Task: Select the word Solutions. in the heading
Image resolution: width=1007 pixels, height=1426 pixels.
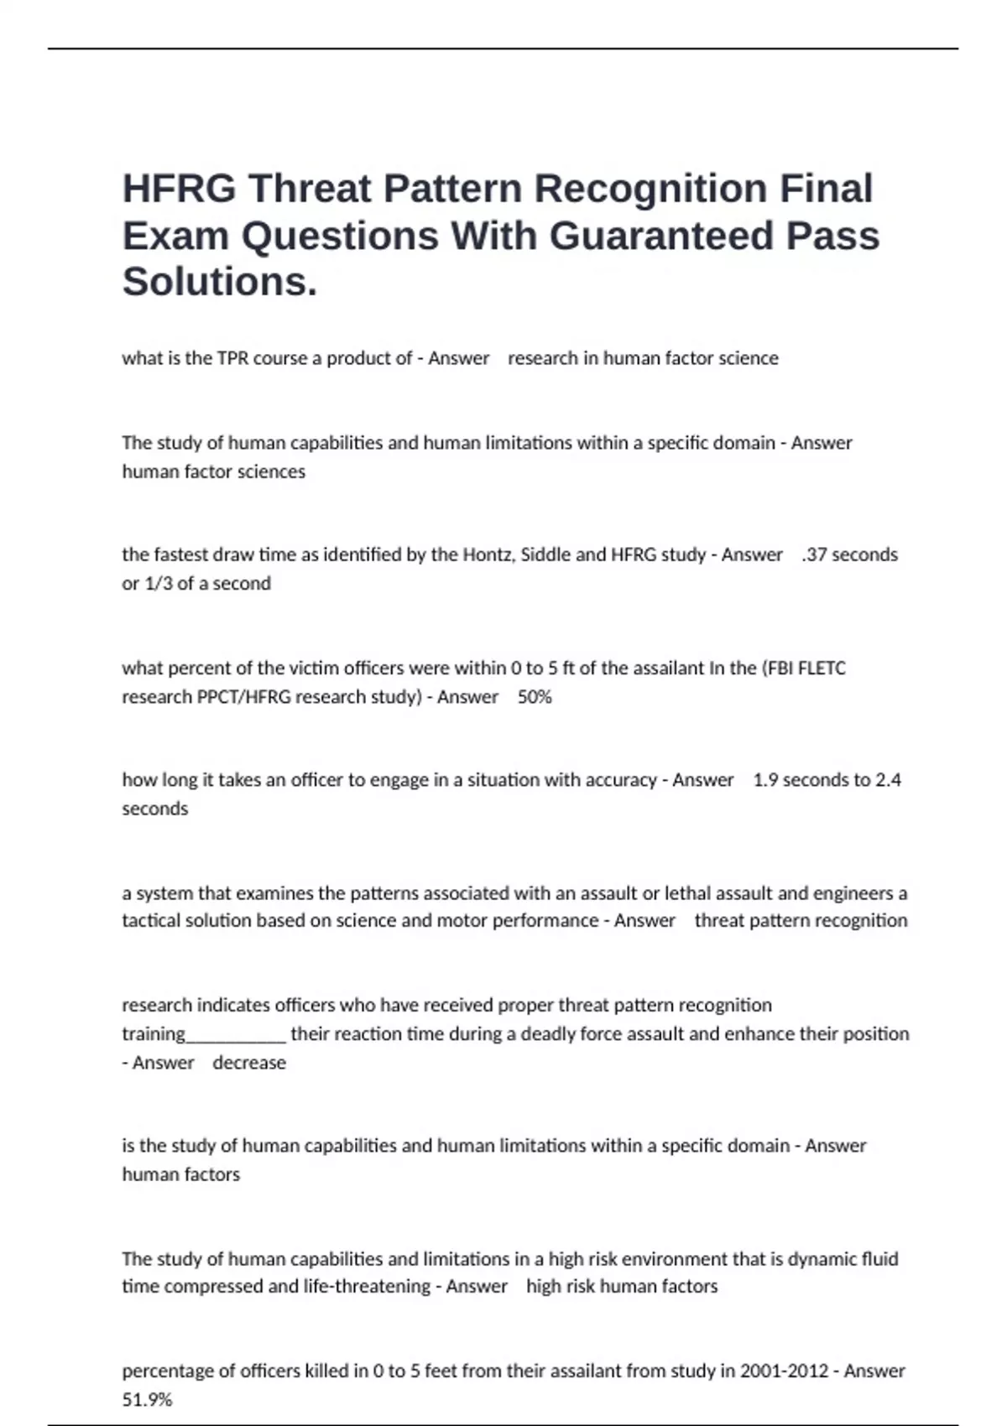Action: point(220,282)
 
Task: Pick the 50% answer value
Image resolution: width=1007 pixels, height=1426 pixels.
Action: point(535,697)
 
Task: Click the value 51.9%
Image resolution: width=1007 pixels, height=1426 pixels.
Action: point(147,1399)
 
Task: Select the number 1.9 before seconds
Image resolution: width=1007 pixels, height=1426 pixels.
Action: point(765,780)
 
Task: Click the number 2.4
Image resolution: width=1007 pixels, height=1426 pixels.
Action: point(888,780)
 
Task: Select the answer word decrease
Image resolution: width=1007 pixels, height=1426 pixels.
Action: point(249,1063)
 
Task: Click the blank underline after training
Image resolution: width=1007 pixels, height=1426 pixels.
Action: point(236,1034)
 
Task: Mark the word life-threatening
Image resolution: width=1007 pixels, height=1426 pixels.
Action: point(368,1287)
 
